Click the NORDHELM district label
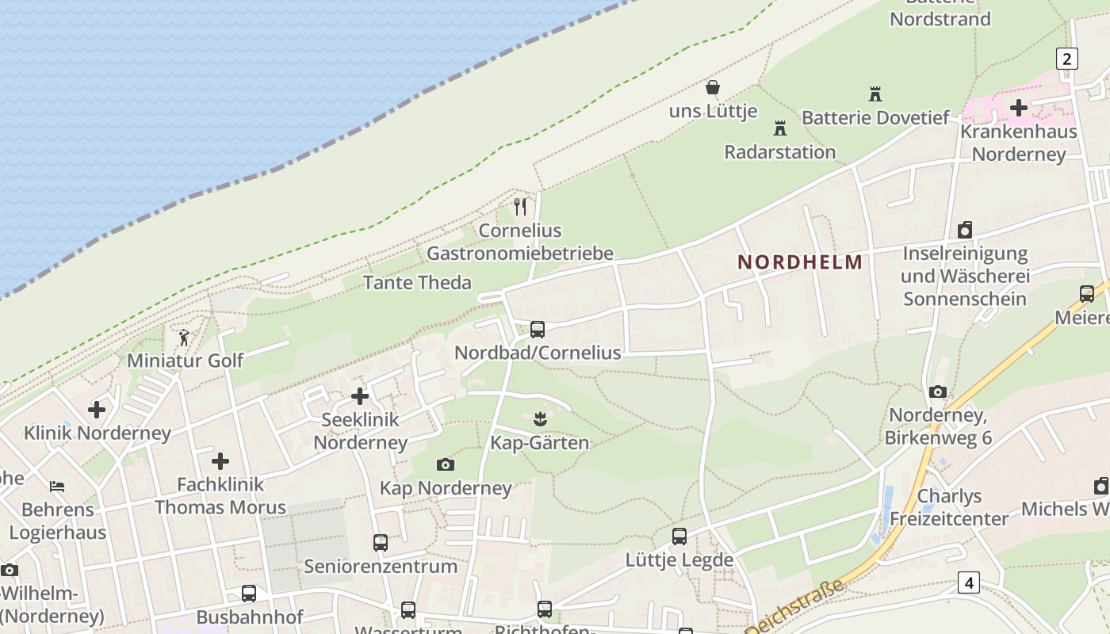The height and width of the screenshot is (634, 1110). (x=800, y=262)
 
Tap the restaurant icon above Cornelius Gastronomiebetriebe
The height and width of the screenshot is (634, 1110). (x=520, y=207)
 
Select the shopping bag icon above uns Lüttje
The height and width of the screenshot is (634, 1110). (x=713, y=87)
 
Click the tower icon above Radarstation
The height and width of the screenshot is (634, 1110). (x=780, y=128)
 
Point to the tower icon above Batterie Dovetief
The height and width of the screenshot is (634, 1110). (x=875, y=94)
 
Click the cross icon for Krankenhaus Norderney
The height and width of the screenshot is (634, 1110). (x=1019, y=107)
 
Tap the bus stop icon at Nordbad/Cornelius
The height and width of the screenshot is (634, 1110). (x=538, y=330)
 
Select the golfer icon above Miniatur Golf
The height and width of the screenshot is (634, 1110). (x=185, y=338)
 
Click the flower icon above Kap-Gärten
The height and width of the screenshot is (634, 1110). (x=540, y=418)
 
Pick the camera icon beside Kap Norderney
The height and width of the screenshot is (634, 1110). (x=446, y=464)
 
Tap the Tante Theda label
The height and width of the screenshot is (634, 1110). (x=417, y=283)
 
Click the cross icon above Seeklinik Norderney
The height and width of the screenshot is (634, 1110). (x=360, y=395)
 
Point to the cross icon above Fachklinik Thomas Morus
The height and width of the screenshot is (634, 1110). (x=220, y=460)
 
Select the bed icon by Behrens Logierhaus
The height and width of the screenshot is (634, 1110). (x=57, y=486)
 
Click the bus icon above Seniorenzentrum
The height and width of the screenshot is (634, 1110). (x=381, y=543)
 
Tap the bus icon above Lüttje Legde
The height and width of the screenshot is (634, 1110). (x=679, y=537)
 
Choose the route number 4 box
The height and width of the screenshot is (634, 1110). (x=968, y=582)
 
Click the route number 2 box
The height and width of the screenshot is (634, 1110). (x=1067, y=58)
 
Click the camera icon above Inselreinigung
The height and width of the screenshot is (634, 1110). (x=965, y=230)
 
